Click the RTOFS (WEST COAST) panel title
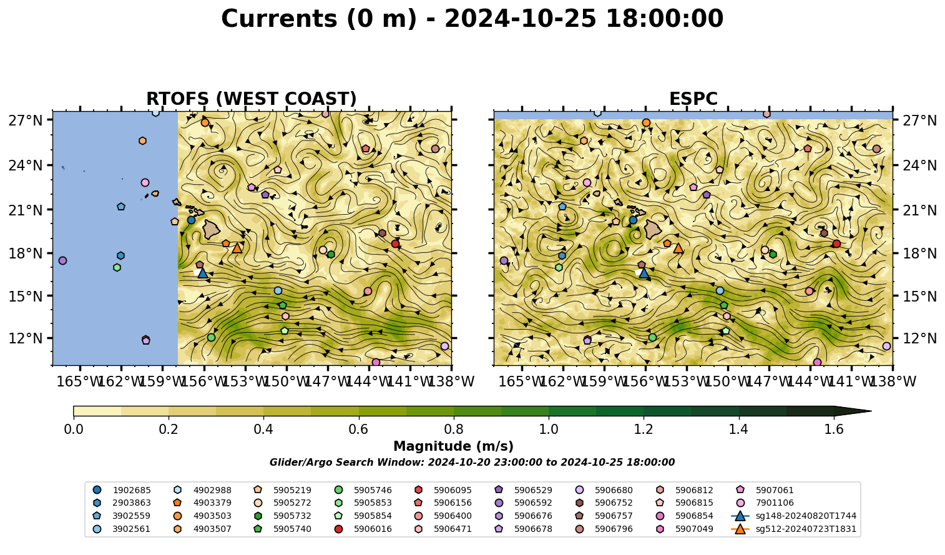coord(252,99)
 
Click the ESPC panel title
coord(693,99)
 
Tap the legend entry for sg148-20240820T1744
coord(793,516)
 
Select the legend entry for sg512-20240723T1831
coord(793,529)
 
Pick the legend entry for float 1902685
coord(122,490)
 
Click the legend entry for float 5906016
coord(363,529)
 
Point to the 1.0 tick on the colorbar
coord(549,418)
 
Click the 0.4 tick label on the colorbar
coord(263,430)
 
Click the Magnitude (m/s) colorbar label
coord(454,446)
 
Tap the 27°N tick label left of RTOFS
coord(26,120)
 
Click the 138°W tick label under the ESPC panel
coord(893,382)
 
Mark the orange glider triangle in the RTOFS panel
coord(237,248)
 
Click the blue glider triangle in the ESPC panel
coord(644,273)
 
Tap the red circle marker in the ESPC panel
coord(836,243)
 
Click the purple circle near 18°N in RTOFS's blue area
coord(62,260)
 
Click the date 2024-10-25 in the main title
coord(521,19)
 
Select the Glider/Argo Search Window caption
coord(472,463)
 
